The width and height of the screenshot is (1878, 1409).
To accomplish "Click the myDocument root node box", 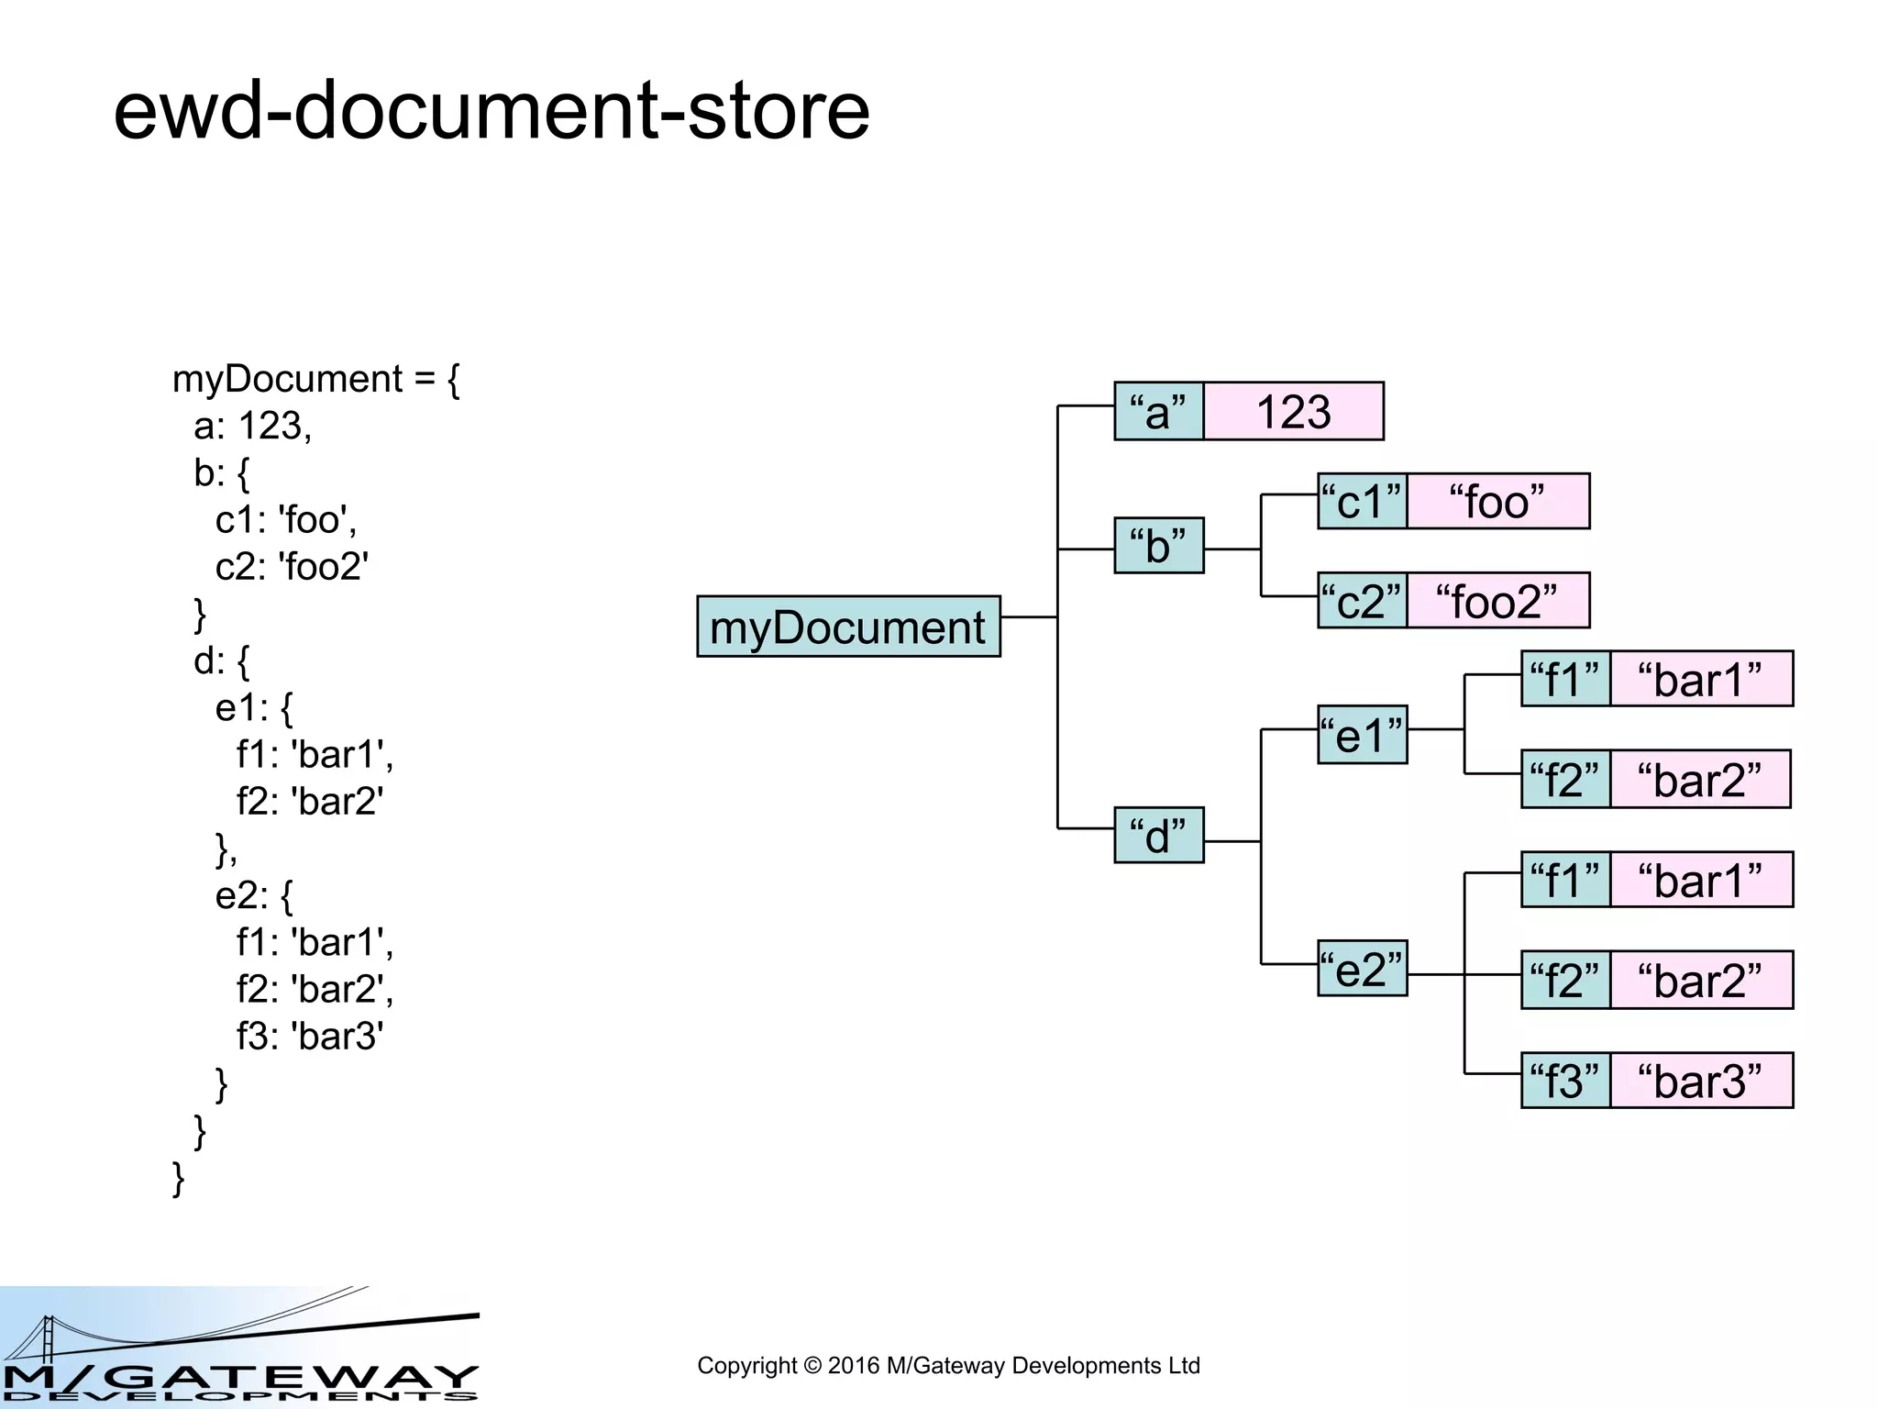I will pyautogui.click(x=848, y=627).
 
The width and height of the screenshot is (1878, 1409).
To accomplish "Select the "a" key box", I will pyautogui.click(x=1158, y=411).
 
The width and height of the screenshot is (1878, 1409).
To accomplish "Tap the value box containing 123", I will pyautogui.click(x=1293, y=411).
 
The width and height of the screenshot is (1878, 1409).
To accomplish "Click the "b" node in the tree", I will pyautogui.click(x=1158, y=546).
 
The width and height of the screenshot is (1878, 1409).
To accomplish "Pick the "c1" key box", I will pyautogui.click(x=1362, y=501).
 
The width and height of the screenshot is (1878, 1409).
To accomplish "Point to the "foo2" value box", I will pyautogui.click(x=1497, y=601).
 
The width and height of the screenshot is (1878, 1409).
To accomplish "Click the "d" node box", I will pyautogui.click(x=1158, y=836).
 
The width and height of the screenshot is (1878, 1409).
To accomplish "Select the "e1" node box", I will pyautogui.click(x=1362, y=735).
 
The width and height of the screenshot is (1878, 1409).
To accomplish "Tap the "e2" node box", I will pyautogui.click(x=1362, y=968).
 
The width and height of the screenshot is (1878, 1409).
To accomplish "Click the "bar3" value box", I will pyautogui.click(x=1701, y=1081).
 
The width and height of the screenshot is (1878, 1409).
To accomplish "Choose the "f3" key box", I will pyautogui.click(x=1565, y=1081).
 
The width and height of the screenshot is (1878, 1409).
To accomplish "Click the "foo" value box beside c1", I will pyautogui.click(x=1497, y=501).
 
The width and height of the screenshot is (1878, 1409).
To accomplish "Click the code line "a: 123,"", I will pyautogui.click(x=253, y=426).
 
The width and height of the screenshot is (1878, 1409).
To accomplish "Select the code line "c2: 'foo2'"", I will pyautogui.click(x=292, y=566).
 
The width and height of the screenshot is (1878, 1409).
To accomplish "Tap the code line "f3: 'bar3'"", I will pyautogui.click(x=310, y=1036).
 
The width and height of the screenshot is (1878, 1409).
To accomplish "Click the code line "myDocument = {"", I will pyautogui.click(x=315, y=379).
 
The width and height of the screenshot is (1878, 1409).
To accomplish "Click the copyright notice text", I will pyautogui.click(x=948, y=1366).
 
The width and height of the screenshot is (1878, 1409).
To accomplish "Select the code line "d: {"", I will pyautogui.click(x=221, y=660).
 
